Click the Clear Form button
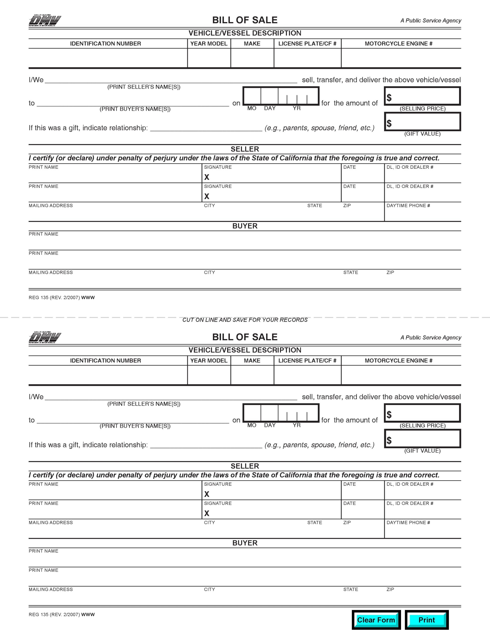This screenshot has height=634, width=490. [376, 620]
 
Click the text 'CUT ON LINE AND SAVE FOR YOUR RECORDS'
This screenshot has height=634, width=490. [245, 320]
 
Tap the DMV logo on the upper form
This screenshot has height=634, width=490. [45, 20]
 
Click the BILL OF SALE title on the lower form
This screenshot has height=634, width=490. [245, 337]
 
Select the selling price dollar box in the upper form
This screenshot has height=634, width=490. [422, 96]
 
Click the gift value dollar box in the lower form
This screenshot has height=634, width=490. [422, 439]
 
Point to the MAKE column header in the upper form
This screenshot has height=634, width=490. [252, 44]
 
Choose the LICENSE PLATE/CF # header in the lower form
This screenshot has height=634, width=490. [307, 361]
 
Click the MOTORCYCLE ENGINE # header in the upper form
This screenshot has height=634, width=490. [399, 44]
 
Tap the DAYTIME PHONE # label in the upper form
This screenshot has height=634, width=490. [408, 206]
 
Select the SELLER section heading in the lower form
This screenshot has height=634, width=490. [245, 466]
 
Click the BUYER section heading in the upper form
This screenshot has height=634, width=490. [245, 226]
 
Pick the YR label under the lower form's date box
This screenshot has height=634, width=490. [297, 425]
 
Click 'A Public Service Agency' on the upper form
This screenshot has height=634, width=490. [431, 21]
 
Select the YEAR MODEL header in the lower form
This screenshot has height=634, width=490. [209, 361]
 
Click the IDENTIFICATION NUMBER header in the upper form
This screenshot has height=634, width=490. [106, 44]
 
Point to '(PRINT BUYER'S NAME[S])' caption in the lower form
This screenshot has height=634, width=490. [135, 426]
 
